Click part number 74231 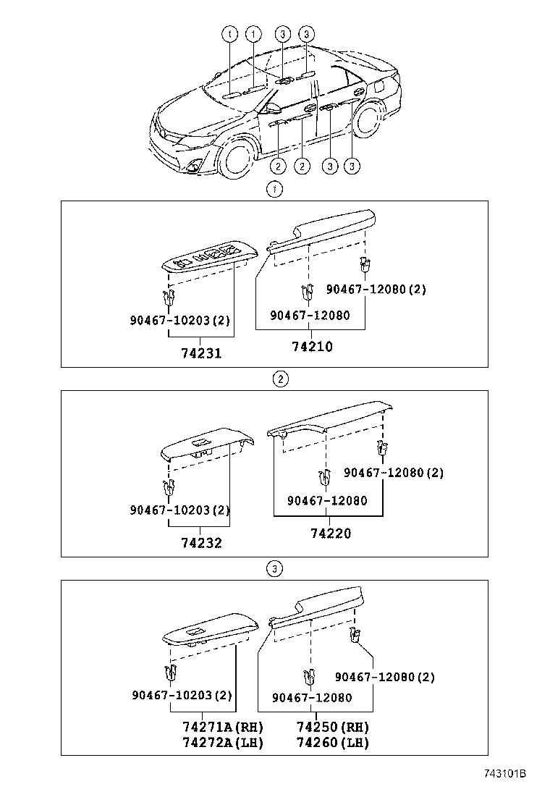(201, 353)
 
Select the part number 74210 (312, 347)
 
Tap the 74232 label (201, 543)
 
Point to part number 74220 (331, 534)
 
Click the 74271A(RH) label (223, 728)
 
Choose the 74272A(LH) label (223, 743)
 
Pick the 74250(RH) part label (333, 728)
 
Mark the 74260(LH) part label (333, 743)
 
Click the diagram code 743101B (504, 774)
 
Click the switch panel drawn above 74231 (209, 259)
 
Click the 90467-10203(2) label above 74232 (180, 510)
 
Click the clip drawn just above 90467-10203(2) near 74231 (169, 298)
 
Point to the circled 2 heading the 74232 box (280, 379)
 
